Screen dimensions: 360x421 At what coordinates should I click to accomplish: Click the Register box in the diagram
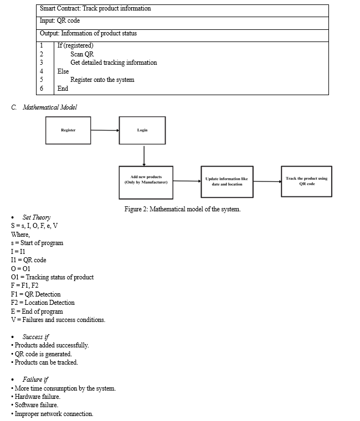pos(68,130)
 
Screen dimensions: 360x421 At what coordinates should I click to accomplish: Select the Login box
pos(142,130)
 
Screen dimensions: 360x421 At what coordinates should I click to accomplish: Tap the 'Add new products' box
pos(146,183)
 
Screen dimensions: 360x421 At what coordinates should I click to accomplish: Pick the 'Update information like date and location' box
pos(227,182)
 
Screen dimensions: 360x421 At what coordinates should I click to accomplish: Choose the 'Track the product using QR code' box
pos(306,181)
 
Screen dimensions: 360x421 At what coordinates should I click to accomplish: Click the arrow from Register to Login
pos(105,130)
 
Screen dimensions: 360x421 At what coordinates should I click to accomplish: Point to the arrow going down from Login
pos(144,156)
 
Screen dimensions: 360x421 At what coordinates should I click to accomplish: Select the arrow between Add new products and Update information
pos(187,181)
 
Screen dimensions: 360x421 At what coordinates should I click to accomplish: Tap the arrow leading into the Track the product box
pos(268,181)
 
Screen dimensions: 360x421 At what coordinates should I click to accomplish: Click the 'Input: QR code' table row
pos(182,23)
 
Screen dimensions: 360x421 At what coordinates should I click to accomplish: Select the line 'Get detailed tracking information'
pos(114,63)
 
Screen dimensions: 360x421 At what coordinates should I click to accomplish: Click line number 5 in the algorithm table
pos(42,80)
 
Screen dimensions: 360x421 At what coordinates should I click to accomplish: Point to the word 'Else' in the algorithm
pos(63,71)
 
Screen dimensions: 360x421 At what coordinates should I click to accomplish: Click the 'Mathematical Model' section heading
pos(50,107)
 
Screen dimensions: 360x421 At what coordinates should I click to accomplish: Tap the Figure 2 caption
pos(182,209)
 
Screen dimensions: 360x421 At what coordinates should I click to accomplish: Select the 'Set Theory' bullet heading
pos(37,217)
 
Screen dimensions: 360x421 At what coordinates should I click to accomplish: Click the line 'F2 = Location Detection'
pos(43,303)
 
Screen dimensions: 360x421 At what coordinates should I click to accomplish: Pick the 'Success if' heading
pos(35,337)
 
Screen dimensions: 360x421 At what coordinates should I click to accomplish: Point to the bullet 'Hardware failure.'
pos(36,397)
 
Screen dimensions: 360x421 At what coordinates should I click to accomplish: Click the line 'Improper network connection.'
pos(52,414)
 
